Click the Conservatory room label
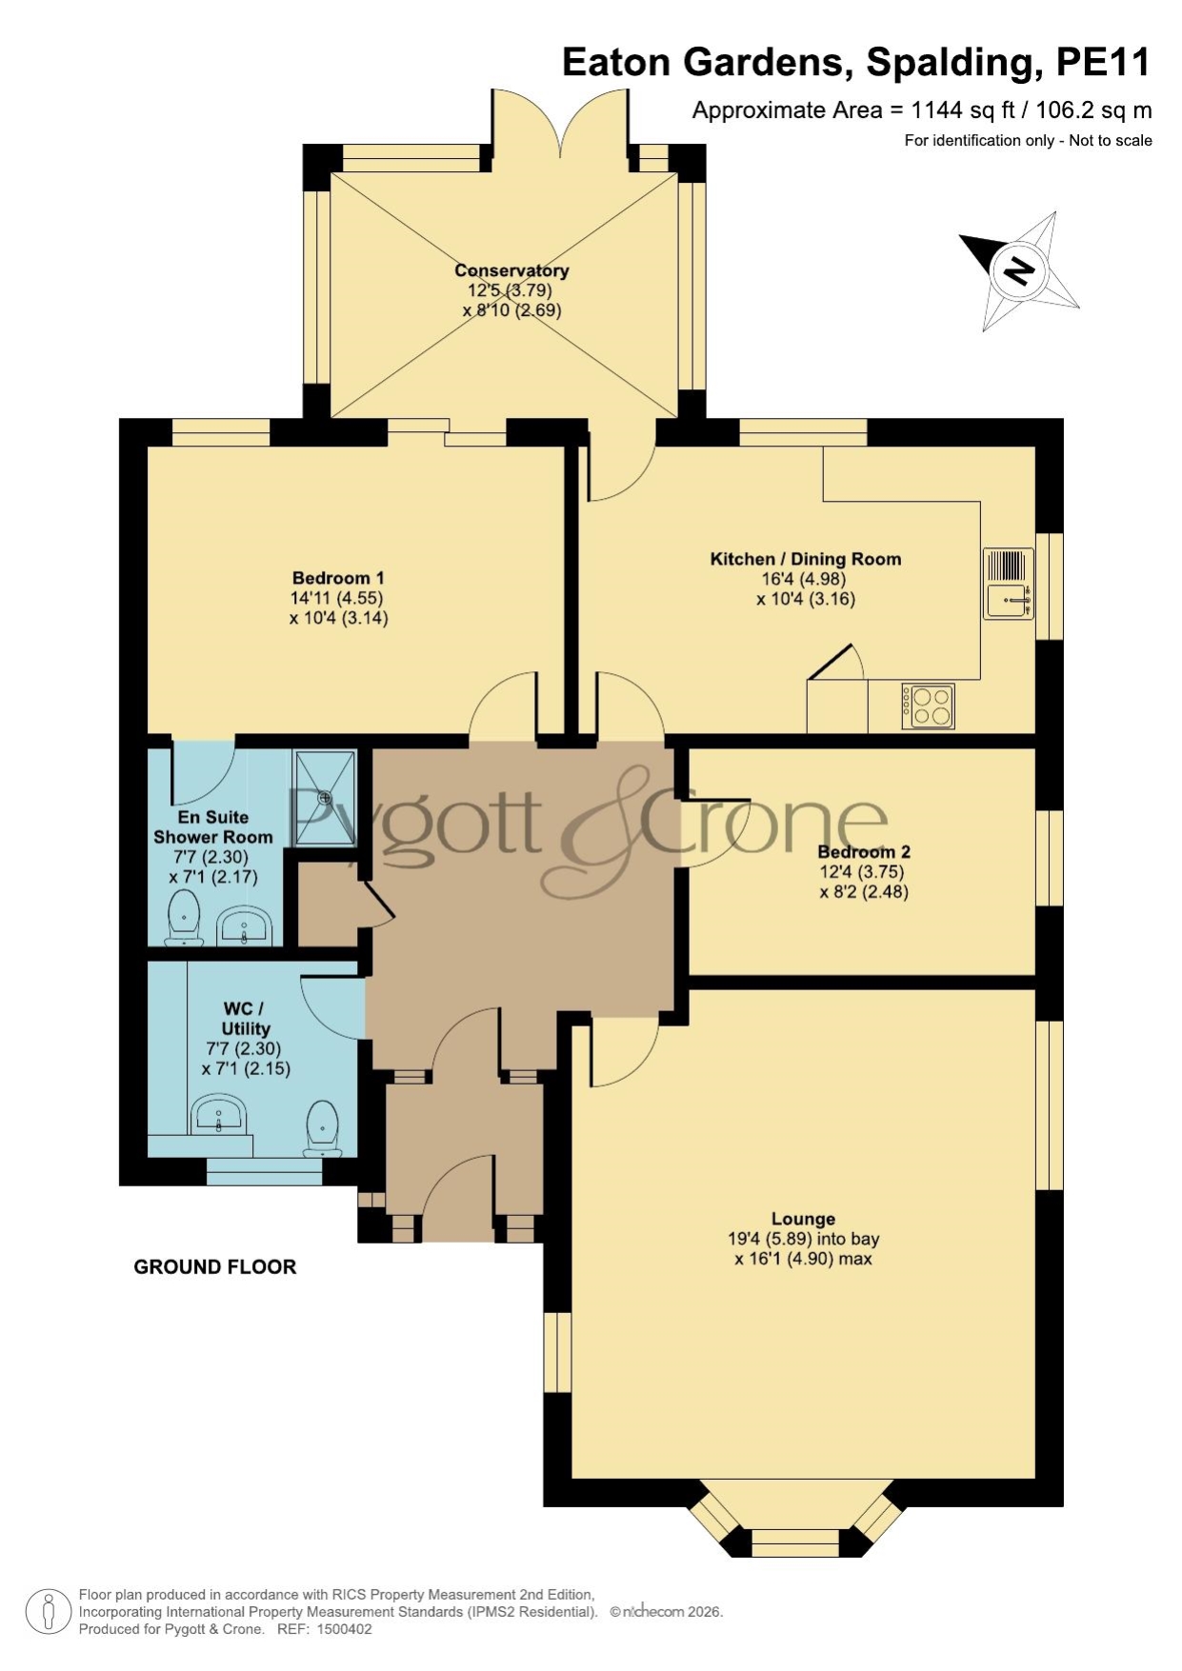(511, 270)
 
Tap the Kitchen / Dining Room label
(806, 559)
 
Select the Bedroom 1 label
(338, 578)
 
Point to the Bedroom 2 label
(864, 852)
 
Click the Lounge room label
(803, 1219)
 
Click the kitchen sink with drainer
(1009, 584)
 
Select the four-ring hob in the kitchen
(928, 706)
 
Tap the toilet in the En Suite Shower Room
(184, 918)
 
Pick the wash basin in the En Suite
(246, 927)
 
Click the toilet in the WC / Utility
(323, 1129)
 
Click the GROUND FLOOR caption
(215, 1266)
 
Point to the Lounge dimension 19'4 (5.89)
(768, 1239)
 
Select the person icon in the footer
(48, 1612)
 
